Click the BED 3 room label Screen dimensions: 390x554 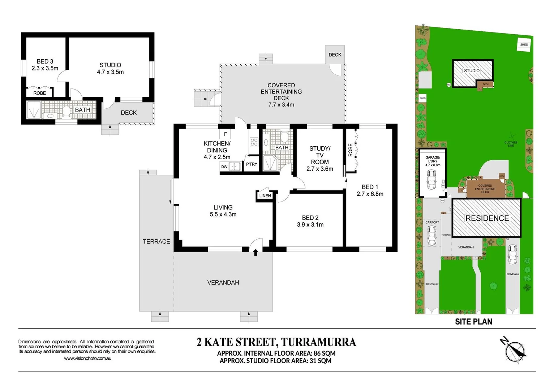pyautogui.click(x=45, y=61)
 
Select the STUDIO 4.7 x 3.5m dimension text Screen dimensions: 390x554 pyautogui.click(x=110, y=72)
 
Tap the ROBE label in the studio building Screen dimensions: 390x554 pyautogui.click(x=40, y=93)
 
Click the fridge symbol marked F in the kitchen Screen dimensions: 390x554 pyautogui.click(x=226, y=134)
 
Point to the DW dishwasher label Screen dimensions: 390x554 pyautogui.click(x=224, y=166)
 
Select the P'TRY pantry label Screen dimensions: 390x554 pyautogui.click(x=252, y=164)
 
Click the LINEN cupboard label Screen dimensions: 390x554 pyautogui.click(x=265, y=196)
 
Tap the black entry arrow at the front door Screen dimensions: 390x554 pyautogui.click(x=256, y=252)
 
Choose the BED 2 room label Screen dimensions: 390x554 pyautogui.click(x=310, y=218)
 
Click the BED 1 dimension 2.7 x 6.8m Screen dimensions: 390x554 pyautogui.click(x=370, y=194)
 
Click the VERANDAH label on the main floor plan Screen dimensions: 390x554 pyautogui.click(x=223, y=283)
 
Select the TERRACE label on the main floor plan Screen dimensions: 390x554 pyautogui.click(x=156, y=242)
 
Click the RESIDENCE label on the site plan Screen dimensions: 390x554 pyautogui.click(x=487, y=218)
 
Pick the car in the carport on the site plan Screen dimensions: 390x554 pyautogui.click(x=432, y=235)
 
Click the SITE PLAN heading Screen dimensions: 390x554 pyautogui.click(x=473, y=322)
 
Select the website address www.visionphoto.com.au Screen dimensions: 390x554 pyautogui.click(x=87, y=359)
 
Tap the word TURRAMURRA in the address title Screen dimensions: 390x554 pyautogui.click(x=318, y=342)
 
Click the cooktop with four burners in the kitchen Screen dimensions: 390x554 pyautogui.click(x=254, y=142)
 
